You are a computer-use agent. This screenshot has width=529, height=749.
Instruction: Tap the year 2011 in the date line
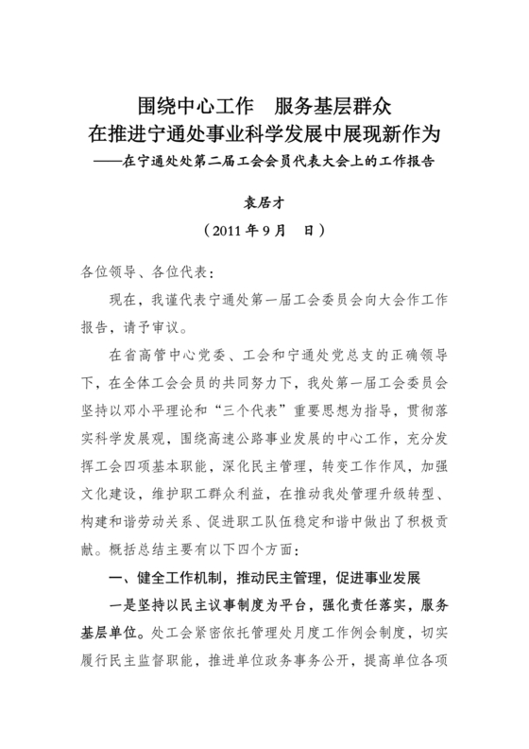click(230, 230)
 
